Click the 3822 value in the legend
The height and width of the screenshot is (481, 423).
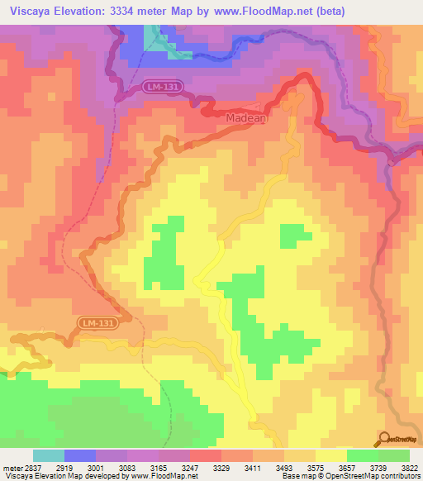tap(409, 467)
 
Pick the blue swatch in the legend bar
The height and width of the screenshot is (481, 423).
tap(80, 455)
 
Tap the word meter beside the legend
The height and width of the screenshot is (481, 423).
tap(12, 467)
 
